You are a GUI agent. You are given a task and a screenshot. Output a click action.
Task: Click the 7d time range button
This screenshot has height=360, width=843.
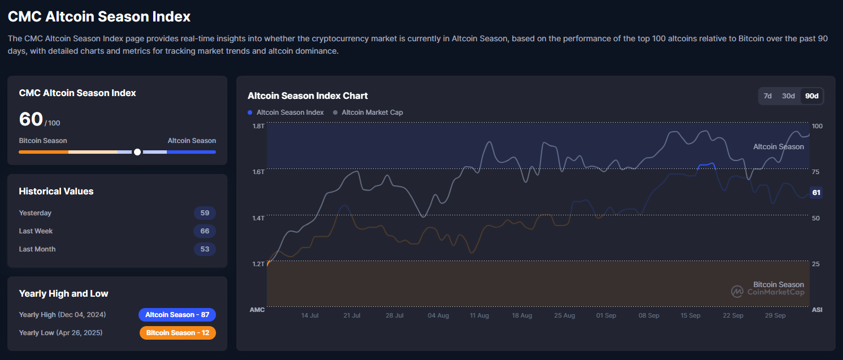pyautogui.click(x=768, y=96)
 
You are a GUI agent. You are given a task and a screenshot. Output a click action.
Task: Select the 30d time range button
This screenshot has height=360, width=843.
pyautogui.click(x=788, y=96)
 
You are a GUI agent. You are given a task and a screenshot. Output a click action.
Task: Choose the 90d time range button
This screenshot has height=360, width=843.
pyautogui.click(x=811, y=96)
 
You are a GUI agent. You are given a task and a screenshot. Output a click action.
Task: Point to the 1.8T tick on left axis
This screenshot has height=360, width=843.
pyautogui.click(x=258, y=126)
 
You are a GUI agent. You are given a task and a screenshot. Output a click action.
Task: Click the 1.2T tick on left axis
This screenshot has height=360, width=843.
pyautogui.click(x=258, y=264)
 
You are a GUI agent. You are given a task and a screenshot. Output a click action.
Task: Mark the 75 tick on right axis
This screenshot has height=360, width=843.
pyautogui.click(x=816, y=172)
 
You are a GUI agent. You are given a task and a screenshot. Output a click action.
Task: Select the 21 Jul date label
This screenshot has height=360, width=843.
pyautogui.click(x=352, y=315)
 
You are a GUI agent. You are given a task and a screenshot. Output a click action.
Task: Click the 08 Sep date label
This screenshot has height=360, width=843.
pyautogui.click(x=649, y=315)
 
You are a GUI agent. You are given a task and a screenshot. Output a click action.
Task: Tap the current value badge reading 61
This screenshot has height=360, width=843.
pyautogui.click(x=816, y=193)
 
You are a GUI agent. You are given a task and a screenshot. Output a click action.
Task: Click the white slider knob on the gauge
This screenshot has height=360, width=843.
pyautogui.click(x=137, y=152)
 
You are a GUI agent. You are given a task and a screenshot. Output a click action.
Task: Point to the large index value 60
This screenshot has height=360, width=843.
pyautogui.click(x=31, y=119)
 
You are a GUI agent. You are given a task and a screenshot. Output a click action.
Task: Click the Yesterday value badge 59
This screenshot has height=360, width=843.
pyautogui.click(x=205, y=213)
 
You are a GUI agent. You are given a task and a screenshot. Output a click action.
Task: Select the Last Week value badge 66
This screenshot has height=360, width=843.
pyautogui.click(x=205, y=231)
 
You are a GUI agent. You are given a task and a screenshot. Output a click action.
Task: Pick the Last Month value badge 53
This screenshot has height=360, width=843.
pyautogui.click(x=205, y=249)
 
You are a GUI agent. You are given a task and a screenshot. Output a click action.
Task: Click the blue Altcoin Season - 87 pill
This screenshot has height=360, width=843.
pyautogui.click(x=177, y=315)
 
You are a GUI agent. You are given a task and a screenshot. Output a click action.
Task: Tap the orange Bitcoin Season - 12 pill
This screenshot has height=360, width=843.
pyautogui.click(x=177, y=333)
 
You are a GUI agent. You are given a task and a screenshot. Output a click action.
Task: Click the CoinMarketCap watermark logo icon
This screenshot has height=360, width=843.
pyautogui.click(x=737, y=292)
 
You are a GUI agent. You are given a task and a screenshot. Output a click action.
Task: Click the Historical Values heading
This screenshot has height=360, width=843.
pyautogui.click(x=56, y=191)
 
